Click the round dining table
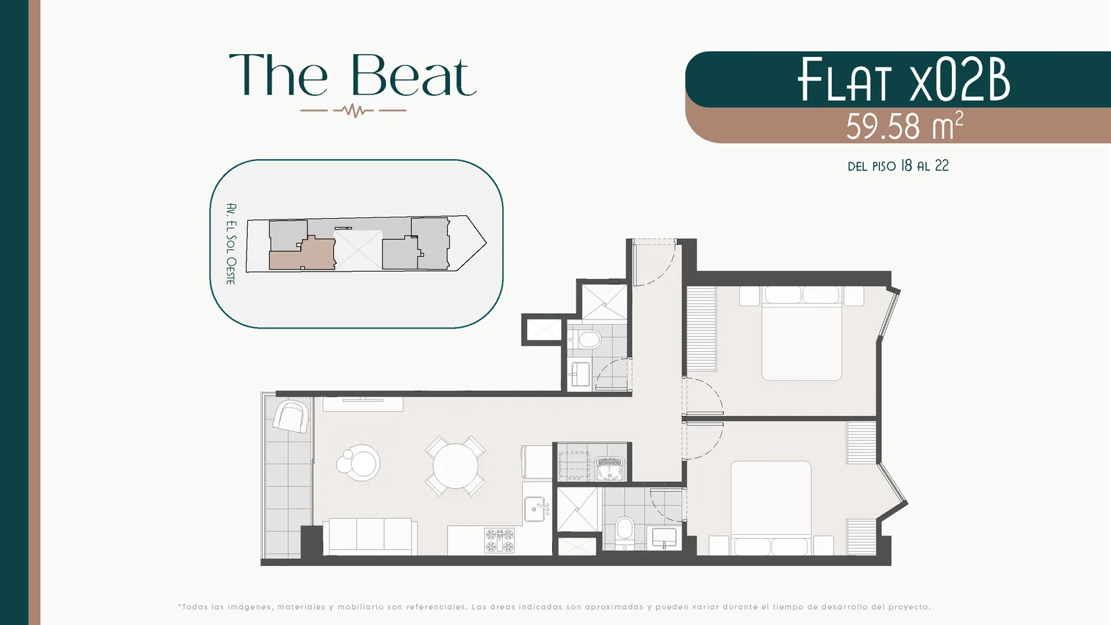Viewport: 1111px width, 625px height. tap(456, 466)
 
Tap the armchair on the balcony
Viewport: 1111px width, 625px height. tap(291, 417)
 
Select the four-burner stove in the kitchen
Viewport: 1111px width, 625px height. tap(499, 541)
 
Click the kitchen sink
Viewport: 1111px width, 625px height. tap(537, 509)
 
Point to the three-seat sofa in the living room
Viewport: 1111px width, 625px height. tap(370, 537)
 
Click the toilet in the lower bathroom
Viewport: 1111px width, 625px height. tap(624, 533)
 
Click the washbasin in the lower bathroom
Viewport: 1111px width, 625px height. tap(664, 539)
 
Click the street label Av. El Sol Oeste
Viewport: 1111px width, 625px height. tap(231, 244)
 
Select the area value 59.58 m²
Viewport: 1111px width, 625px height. tap(904, 126)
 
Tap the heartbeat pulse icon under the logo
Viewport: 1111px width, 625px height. tap(353, 110)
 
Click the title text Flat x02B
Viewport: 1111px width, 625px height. tap(903, 79)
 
